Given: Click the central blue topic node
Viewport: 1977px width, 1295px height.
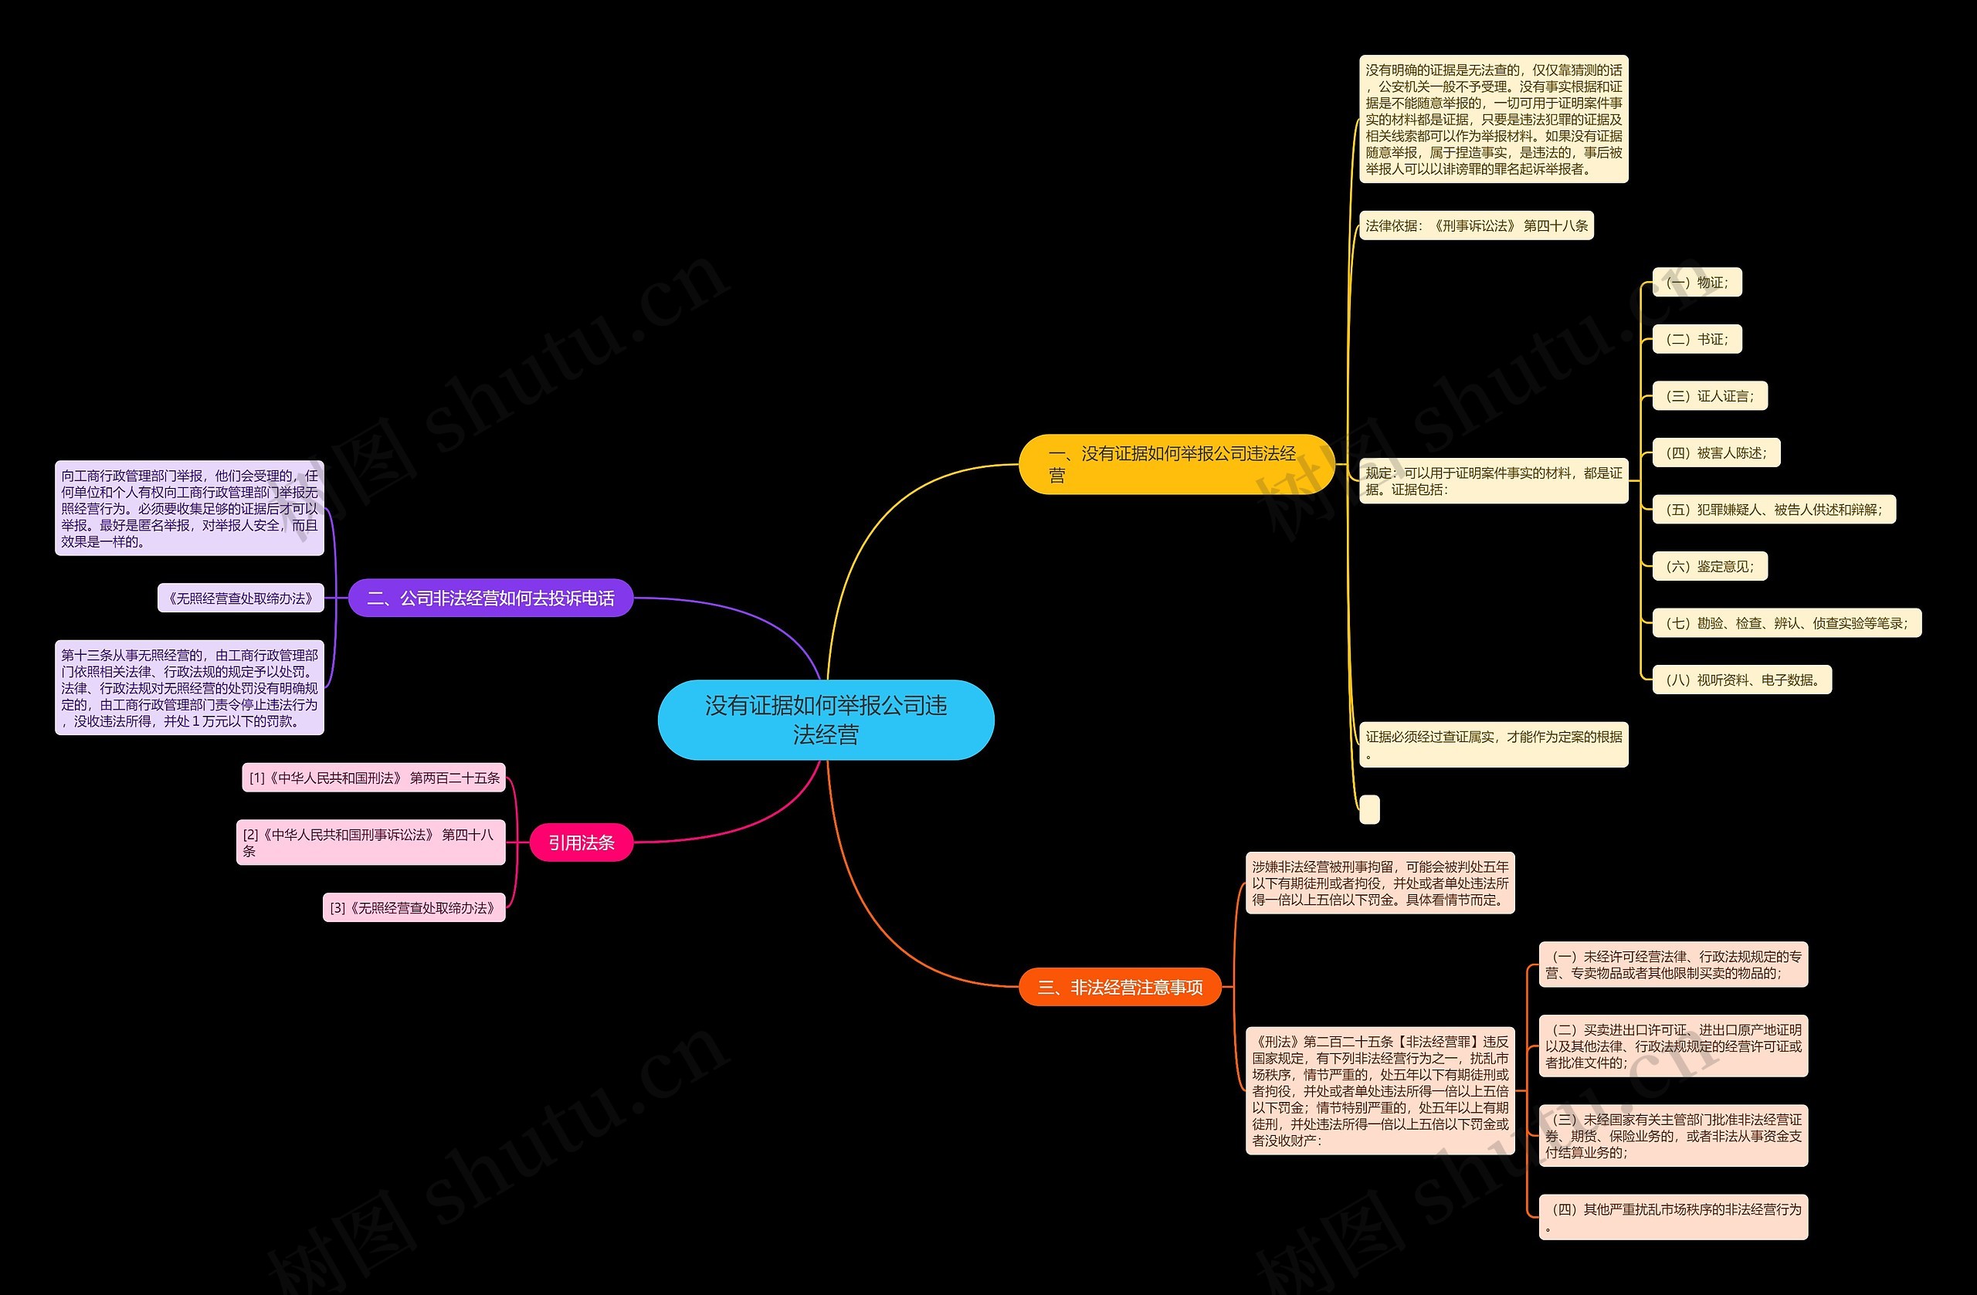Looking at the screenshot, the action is click(x=826, y=720).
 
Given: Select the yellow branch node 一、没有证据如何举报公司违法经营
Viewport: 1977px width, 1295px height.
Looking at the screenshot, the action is click(x=1175, y=463).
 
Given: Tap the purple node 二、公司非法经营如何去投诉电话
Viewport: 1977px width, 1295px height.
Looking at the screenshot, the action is click(x=490, y=598).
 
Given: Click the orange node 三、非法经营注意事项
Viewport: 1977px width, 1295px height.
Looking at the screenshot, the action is click(x=1120, y=987).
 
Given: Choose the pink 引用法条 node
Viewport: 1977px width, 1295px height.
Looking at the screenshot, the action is click(x=581, y=842).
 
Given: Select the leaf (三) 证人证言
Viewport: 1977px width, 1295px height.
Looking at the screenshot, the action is click(x=1710, y=396).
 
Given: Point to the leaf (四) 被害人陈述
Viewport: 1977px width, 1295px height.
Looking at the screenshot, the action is click(x=1715, y=453).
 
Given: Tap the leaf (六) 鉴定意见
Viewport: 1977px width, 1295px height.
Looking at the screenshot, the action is click(x=1710, y=567).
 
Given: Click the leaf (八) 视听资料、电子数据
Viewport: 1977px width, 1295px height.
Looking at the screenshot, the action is click(x=1741, y=680).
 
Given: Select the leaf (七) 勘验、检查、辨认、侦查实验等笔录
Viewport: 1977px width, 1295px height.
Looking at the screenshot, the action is click(x=1786, y=623).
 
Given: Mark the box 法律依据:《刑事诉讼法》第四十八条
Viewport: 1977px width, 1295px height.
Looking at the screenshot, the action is click(x=1476, y=226).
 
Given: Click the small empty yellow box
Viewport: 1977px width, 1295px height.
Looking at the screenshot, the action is click(x=1369, y=809).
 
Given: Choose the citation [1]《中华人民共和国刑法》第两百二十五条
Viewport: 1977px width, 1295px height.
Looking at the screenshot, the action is click(x=374, y=778).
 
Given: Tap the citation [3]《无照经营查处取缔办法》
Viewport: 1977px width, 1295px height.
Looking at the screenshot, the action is click(x=413, y=908).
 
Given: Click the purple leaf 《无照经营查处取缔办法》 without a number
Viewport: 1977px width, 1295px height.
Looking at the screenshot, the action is click(x=240, y=598).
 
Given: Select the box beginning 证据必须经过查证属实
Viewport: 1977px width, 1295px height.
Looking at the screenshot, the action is click(x=1493, y=744).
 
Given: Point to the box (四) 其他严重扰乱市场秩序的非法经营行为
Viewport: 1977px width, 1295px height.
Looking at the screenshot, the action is click(x=1673, y=1217).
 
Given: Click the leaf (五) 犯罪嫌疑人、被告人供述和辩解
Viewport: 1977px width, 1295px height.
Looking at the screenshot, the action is click(x=1773, y=509).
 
